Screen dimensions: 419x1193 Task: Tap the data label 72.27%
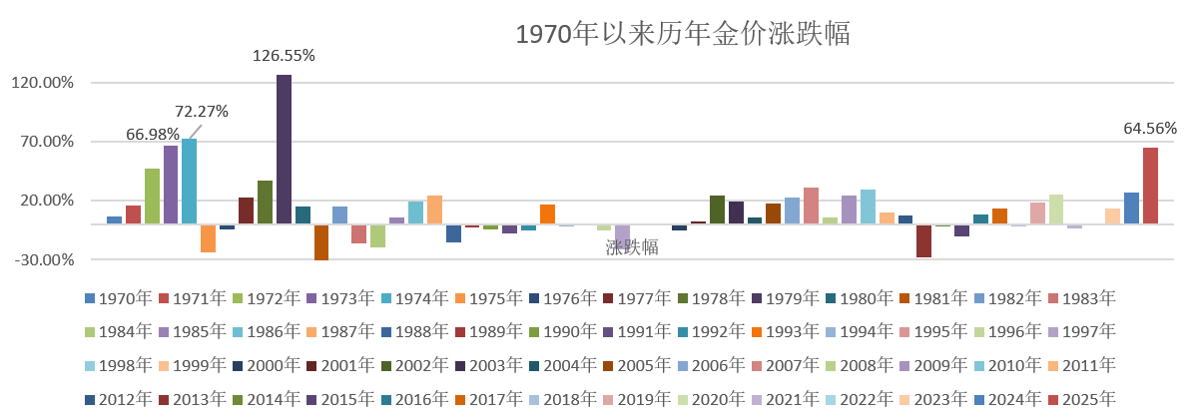pos(202,111)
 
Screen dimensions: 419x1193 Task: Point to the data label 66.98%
pos(153,134)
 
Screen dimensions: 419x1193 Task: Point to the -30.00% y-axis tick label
pos(42,259)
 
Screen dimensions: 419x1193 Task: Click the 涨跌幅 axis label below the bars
pos(632,247)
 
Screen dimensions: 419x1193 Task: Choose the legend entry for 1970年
pos(118,297)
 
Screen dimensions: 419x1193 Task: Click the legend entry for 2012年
pos(118,397)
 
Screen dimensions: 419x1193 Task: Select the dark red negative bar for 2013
pos(923,240)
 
